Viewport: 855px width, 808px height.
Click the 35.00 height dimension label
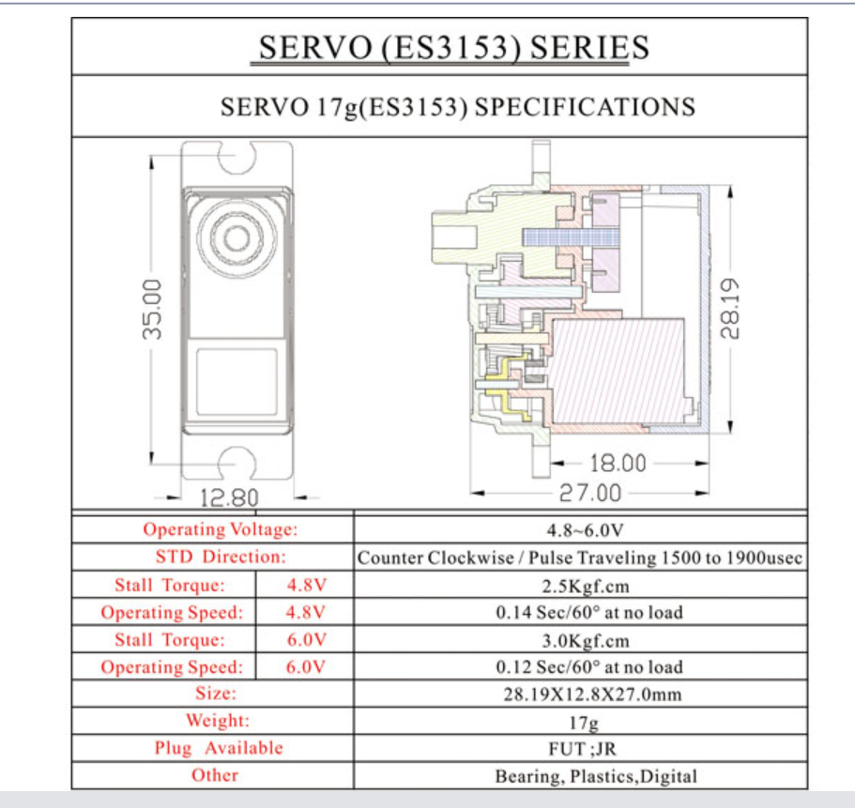[x=153, y=310]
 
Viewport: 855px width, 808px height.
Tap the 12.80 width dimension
[x=229, y=497]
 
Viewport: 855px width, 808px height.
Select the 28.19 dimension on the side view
[x=730, y=309]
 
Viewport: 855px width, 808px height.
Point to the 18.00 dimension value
[x=618, y=464]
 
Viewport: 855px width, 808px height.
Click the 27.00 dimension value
[x=590, y=493]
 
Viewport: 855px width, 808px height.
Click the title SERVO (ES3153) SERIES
[x=453, y=48]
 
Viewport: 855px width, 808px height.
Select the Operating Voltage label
[x=221, y=529]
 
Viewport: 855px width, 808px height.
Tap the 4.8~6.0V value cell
[x=585, y=530]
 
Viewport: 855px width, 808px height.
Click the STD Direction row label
[x=221, y=556]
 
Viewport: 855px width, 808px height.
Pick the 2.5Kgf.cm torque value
[x=585, y=587]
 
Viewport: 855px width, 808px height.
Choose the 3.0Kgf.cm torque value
[x=585, y=641]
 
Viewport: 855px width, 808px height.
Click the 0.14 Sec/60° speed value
[x=588, y=612]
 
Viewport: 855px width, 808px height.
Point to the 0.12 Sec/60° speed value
[x=588, y=667]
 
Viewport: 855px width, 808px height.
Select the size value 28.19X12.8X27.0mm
[x=592, y=694]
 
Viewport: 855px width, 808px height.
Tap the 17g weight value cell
[x=584, y=723]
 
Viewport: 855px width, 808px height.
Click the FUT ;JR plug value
[x=583, y=749]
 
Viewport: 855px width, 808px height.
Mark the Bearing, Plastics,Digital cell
[x=595, y=776]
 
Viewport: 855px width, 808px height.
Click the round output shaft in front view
[x=237, y=237]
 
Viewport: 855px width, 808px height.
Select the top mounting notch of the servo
[x=237, y=158]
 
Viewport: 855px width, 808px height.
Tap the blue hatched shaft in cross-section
[x=571, y=236]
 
